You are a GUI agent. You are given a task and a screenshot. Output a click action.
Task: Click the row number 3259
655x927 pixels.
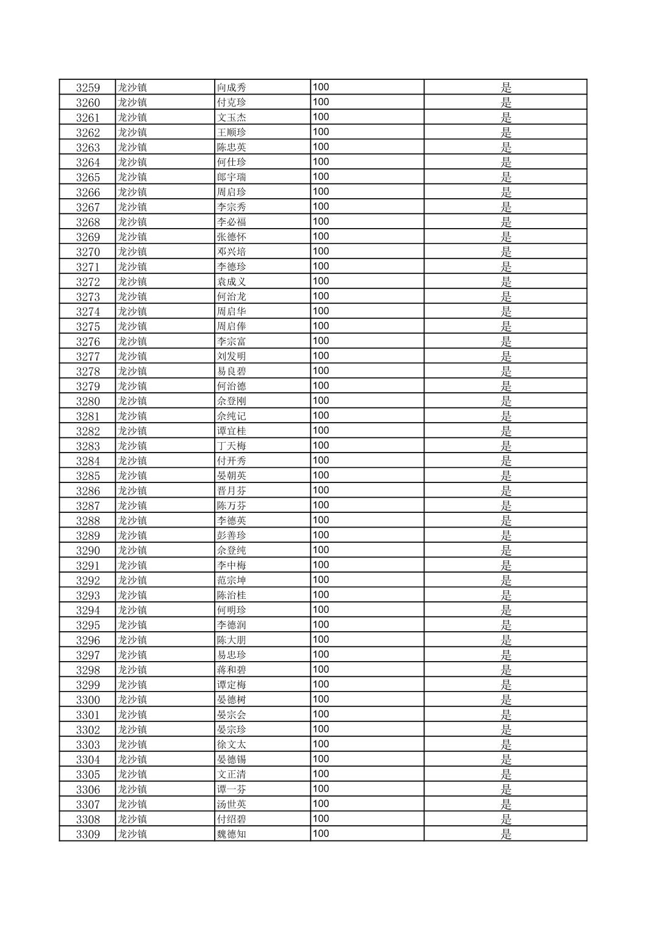pos(88,88)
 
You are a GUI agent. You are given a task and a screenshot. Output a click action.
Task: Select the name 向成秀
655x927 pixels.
pos(232,88)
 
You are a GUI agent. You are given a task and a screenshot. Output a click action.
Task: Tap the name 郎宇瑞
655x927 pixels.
pos(232,177)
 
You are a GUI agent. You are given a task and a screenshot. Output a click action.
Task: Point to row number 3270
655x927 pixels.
pos(88,252)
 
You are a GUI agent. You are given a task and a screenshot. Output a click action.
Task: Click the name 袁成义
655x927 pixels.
pos(232,282)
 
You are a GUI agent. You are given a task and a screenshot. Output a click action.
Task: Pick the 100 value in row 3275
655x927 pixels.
pos(321,326)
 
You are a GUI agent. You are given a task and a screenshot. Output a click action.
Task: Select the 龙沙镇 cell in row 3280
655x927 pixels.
pos(132,401)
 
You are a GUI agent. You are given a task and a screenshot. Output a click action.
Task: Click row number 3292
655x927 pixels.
pos(88,581)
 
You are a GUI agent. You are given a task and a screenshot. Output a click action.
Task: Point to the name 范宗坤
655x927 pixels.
pos(232,581)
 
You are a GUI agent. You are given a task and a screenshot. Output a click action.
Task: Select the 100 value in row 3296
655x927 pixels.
pos(321,640)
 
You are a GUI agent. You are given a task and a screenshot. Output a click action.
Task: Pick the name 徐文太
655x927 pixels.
pos(232,745)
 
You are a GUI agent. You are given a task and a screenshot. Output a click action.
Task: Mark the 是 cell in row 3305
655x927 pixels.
pos(506,775)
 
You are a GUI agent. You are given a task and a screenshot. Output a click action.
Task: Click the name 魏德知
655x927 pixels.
pos(232,834)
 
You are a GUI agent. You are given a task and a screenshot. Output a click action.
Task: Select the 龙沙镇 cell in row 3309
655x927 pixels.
pos(132,834)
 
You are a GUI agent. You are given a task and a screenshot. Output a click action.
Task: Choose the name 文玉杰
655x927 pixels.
pos(232,118)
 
